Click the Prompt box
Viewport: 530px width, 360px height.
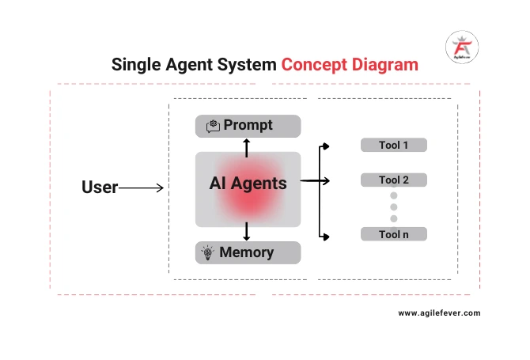tap(248, 126)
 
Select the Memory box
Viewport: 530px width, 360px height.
tap(248, 253)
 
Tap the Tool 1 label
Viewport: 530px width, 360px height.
tap(394, 146)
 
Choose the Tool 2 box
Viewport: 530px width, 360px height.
tap(394, 180)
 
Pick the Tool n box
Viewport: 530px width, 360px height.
tap(394, 234)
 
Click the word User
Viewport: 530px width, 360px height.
tap(100, 188)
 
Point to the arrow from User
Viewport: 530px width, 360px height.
tap(142, 188)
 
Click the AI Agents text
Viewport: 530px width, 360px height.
tap(248, 183)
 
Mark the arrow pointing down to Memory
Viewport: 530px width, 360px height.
tap(247, 232)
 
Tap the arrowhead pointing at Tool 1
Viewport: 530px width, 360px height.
tap(325, 146)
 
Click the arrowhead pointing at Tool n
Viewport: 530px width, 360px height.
tap(325, 235)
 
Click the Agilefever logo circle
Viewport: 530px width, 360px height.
tap(461, 47)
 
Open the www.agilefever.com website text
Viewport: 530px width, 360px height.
tap(439, 313)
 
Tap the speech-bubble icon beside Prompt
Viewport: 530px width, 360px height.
tap(213, 126)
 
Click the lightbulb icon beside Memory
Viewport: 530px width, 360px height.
tap(207, 253)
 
